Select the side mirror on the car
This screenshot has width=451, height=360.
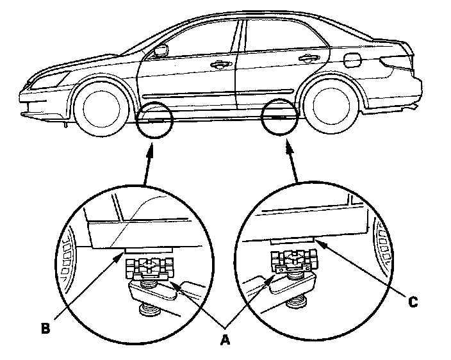(160, 51)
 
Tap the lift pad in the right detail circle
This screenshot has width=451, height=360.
(294, 265)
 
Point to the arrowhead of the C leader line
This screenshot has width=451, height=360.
(320, 243)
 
